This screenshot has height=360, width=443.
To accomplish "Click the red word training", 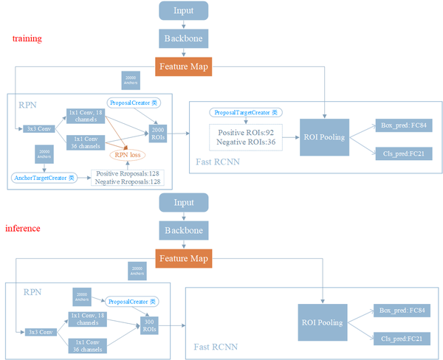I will [x=27, y=38].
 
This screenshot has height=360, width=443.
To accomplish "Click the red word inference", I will [x=23, y=229].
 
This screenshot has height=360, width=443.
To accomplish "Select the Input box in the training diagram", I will [x=184, y=10].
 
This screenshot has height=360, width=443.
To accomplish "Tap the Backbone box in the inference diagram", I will [x=184, y=230].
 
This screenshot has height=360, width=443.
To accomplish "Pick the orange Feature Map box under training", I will [x=184, y=67].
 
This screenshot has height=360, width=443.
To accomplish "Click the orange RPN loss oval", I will [x=127, y=156].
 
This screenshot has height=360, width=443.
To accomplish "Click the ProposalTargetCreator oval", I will [x=245, y=112].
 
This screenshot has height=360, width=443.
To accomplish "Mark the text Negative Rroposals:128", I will [x=128, y=181].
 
